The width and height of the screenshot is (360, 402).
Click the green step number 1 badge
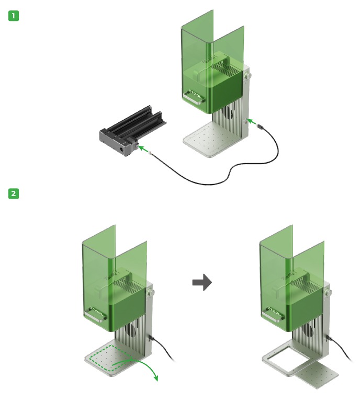coord(14,16)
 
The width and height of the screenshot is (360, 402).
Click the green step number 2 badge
coord(14,193)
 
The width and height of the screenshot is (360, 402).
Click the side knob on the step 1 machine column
coord(248,76)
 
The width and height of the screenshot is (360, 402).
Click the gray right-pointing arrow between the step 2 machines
coord(202,283)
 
